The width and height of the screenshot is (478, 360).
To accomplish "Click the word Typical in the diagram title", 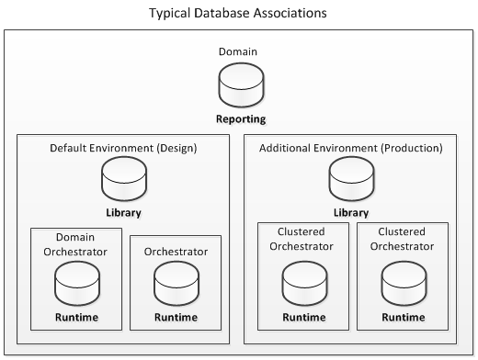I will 172,15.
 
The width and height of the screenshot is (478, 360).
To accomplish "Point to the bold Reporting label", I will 241,119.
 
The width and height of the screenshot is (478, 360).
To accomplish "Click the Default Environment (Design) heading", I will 123,148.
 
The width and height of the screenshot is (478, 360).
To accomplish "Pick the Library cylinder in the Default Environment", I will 123,179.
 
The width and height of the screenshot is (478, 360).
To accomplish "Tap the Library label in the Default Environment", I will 123,212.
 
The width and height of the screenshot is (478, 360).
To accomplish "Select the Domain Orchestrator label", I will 76,244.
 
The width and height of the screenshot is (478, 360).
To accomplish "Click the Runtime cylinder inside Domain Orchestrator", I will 76,285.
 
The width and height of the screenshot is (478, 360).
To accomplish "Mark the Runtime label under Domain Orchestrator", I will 76,318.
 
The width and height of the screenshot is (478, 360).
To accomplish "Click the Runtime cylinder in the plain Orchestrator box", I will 176,285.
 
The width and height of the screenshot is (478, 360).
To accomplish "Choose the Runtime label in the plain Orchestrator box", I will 176,318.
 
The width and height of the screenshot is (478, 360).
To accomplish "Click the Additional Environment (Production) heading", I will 351,148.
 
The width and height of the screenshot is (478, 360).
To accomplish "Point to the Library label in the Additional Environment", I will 351,212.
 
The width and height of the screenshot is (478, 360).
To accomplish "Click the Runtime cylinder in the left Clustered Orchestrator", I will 302,285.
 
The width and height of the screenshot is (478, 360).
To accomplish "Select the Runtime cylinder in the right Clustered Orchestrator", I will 401,285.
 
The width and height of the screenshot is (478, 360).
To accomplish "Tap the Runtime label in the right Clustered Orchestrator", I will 401,318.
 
